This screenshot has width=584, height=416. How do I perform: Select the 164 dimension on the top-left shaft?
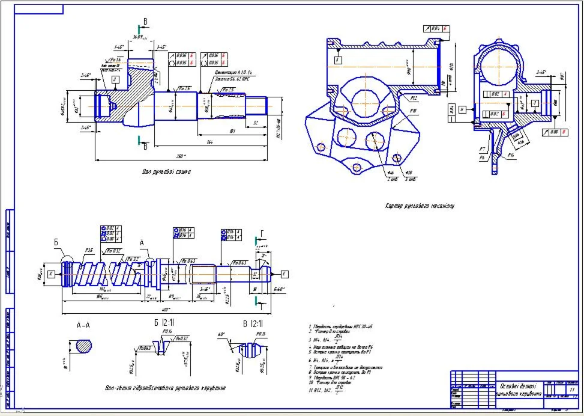[x=209, y=142]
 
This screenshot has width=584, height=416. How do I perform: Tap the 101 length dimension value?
[x=232, y=130]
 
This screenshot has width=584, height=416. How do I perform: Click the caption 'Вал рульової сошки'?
[x=166, y=173]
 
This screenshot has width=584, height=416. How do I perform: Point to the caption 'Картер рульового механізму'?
[x=420, y=206]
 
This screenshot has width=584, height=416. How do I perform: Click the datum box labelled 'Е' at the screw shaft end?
[x=284, y=274]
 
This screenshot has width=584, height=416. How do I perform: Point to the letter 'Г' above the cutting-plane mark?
[x=262, y=235]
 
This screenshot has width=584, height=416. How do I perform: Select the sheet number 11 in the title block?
[x=571, y=390]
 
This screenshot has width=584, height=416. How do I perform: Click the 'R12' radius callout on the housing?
[x=414, y=98]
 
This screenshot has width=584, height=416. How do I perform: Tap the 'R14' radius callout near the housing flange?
[x=510, y=156]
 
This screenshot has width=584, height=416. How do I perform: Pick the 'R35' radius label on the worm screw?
[x=89, y=250]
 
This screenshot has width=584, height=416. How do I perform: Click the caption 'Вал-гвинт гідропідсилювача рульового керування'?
[x=164, y=388]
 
